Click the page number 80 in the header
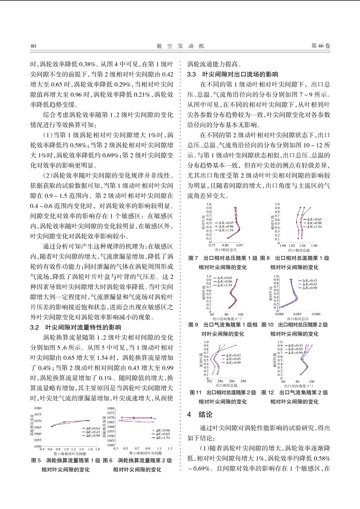(33, 46)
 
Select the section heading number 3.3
(192, 74)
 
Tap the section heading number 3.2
(35, 327)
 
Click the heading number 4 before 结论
(189, 415)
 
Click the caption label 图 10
(267, 325)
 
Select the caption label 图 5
(36, 460)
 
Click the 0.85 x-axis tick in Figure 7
(239, 245)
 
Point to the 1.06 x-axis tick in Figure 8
(314, 246)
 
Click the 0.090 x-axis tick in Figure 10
(316, 314)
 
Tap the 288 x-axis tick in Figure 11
(243, 381)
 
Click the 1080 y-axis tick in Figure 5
(38, 409)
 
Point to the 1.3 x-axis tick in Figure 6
(170, 448)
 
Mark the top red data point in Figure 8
(310, 208)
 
